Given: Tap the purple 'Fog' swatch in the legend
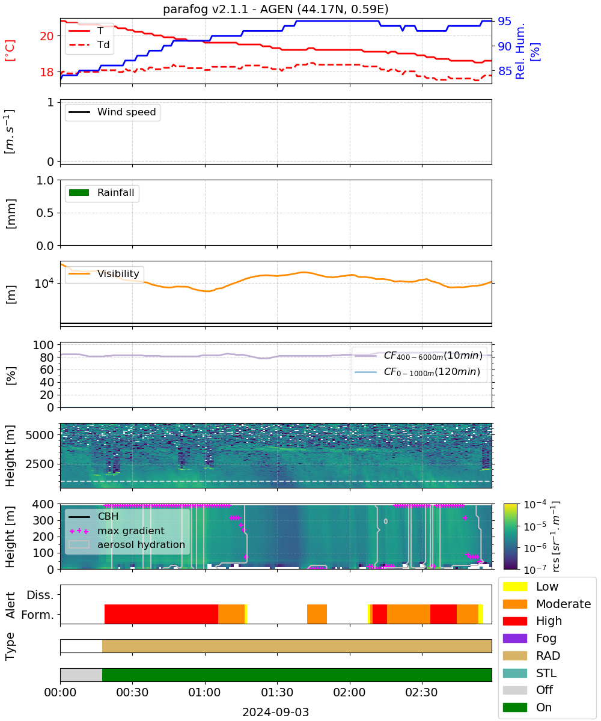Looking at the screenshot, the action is pyautogui.click(x=514, y=638).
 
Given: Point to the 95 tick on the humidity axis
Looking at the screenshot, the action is pyautogui.click(x=504, y=21).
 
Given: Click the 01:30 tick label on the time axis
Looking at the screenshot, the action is pyautogui.click(x=277, y=692).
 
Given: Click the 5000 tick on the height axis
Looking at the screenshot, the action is pyautogui.click(x=40, y=435).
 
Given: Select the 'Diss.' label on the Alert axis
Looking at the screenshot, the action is pyautogui.click(x=40, y=595).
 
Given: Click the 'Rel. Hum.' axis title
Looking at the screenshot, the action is pyautogui.click(x=520, y=51).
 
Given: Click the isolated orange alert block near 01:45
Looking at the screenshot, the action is pyautogui.click(x=317, y=613).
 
